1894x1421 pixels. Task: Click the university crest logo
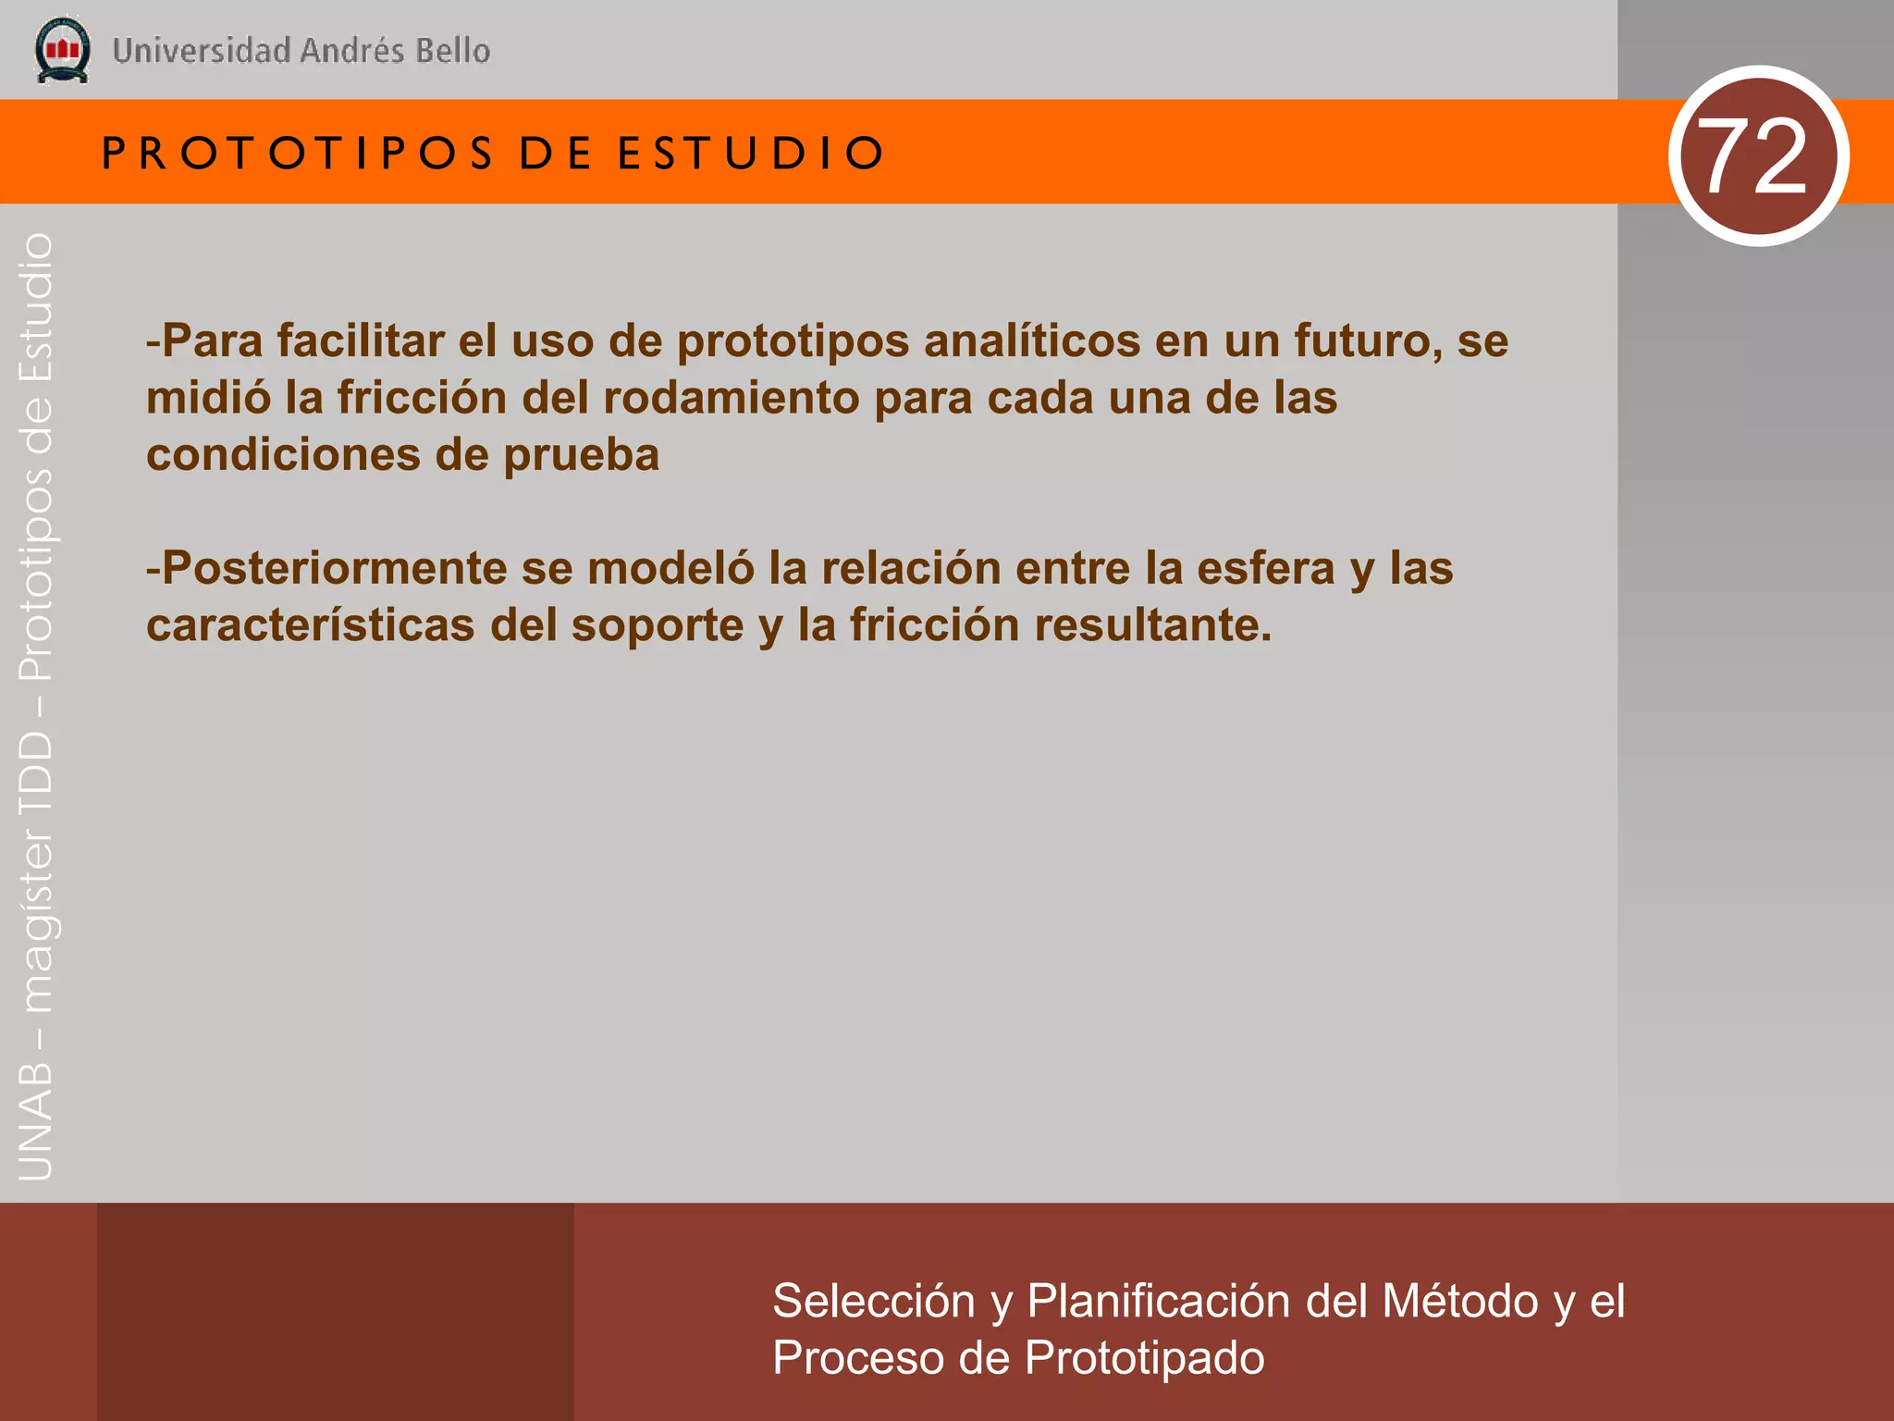coord(62,50)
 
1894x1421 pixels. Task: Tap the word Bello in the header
coord(452,51)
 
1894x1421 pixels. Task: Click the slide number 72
coord(1756,156)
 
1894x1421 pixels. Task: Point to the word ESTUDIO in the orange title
coord(751,154)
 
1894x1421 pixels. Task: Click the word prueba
coord(581,455)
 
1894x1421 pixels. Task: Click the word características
coord(311,625)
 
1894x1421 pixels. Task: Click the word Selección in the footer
coord(873,1302)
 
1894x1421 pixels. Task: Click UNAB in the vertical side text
coord(36,1120)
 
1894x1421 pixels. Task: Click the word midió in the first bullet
coord(208,398)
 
